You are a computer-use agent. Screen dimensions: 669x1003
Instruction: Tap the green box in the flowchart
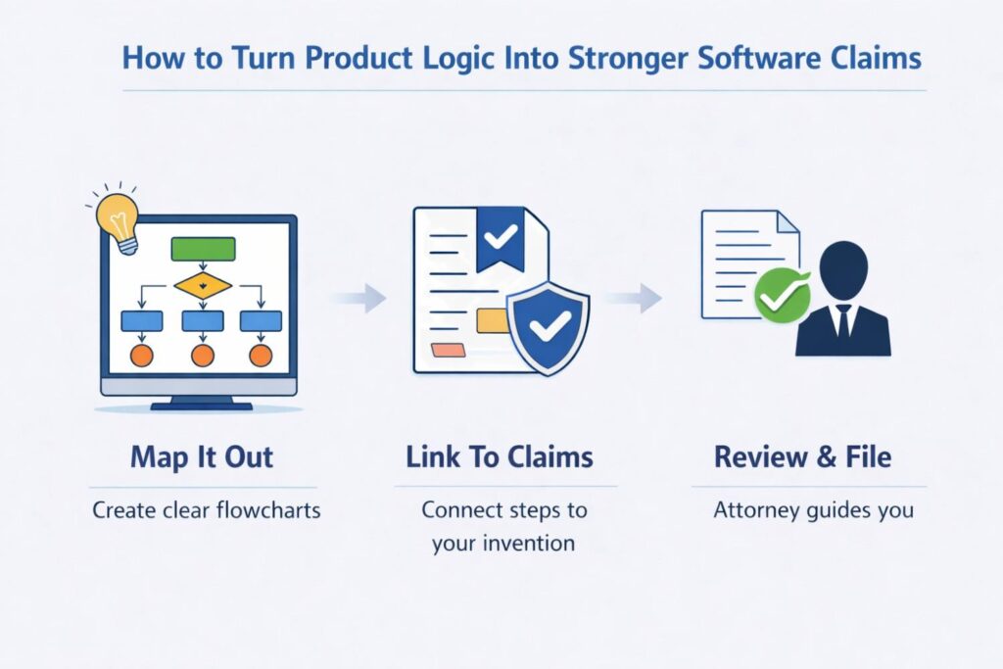point(203,249)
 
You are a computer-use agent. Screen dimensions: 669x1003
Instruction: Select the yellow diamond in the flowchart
point(203,285)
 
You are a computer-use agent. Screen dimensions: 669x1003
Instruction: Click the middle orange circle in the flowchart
point(203,355)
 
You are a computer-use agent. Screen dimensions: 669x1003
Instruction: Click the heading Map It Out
point(201,457)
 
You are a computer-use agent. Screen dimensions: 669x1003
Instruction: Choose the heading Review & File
point(802,457)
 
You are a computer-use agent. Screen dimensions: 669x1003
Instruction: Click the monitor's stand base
point(202,405)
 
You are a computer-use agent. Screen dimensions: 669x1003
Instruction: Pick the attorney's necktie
point(842,320)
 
